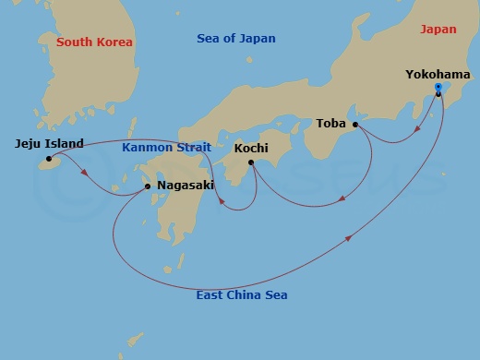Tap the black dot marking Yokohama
coord(438,93)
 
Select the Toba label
coord(330,123)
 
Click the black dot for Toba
coord(355,124)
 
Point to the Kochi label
coord(251,148)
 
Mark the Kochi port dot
coord(250,162)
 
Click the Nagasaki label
coord(187,185)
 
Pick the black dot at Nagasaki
coord(148,186)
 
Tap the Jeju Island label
coord(50,143)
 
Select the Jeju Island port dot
coord(49,159)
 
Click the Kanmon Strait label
coord(167,147)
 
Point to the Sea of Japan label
coord(236,39)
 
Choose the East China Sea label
coord(242,295)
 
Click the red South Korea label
coord(94,42)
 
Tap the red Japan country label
coord(438,30)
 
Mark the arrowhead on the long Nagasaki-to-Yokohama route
coord(349,239)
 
